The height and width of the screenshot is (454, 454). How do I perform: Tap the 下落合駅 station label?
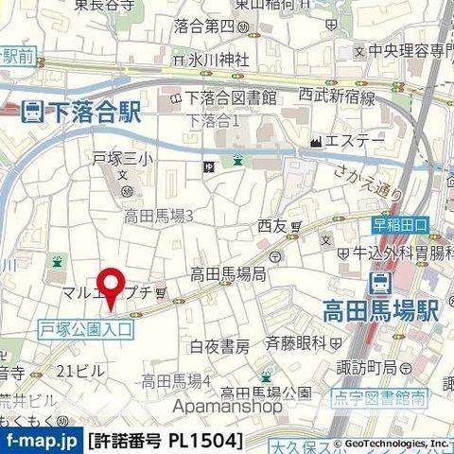pos(94,113)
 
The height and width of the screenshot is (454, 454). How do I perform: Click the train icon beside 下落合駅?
pos(31,113)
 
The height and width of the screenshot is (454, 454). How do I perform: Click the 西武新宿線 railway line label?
pos(338,96)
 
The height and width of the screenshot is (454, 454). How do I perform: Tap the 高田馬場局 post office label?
pos(228,274)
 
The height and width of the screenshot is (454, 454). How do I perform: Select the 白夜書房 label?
pos(219,345)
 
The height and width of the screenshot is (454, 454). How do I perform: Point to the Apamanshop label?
pos(227,407)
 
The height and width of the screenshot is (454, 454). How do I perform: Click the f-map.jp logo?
pos(41,441)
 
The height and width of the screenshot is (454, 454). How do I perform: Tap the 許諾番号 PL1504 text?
pos(166,441)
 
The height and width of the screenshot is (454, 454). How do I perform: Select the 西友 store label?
pos(271,226)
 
